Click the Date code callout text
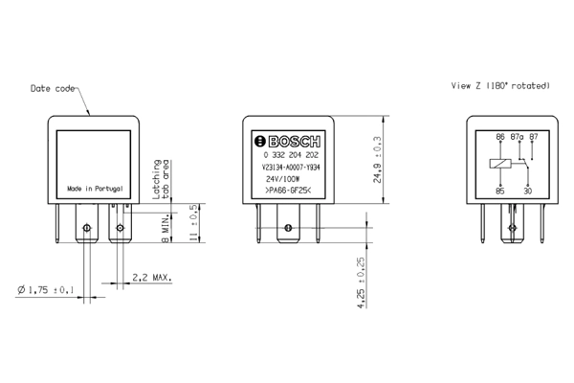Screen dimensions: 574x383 [53, 89]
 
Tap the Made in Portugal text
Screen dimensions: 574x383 [95, 189]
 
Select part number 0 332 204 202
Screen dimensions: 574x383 [291, 155]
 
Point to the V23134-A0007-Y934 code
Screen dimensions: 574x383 [291, 168]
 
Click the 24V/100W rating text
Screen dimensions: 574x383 [282, 179]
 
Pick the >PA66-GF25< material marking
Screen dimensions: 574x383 [287, 191]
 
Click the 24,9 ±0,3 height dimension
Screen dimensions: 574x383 [377, 160]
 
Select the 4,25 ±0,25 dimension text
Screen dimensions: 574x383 [361, 282]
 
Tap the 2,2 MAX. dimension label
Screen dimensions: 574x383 [151, 278]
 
